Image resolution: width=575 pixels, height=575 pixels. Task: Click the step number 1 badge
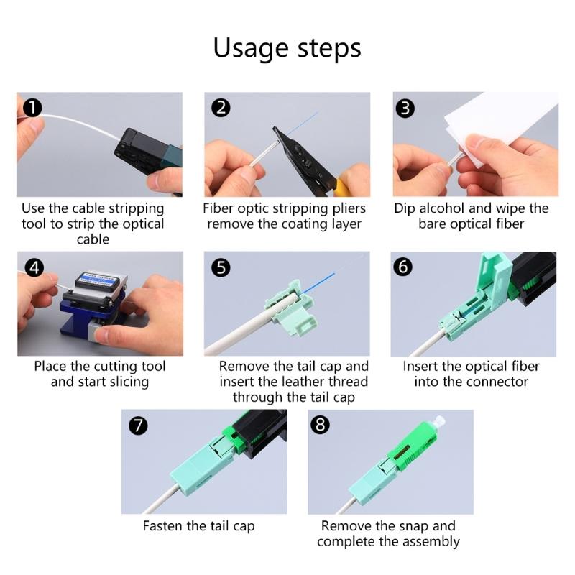[x=32, y=108]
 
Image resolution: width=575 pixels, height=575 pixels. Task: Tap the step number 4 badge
[x=34, y=267]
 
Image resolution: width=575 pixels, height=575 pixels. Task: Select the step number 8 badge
[x=320, y=425]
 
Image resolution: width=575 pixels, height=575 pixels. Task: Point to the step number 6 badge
[x=402, y=267]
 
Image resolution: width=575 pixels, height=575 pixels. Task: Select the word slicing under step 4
[x=129, y=382]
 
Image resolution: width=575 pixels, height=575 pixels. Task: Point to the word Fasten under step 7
[x=163, y=526]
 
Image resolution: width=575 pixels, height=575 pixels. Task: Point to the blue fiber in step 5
[x=318, y=282]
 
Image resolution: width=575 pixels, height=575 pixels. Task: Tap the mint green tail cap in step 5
[x=292, y=308]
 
